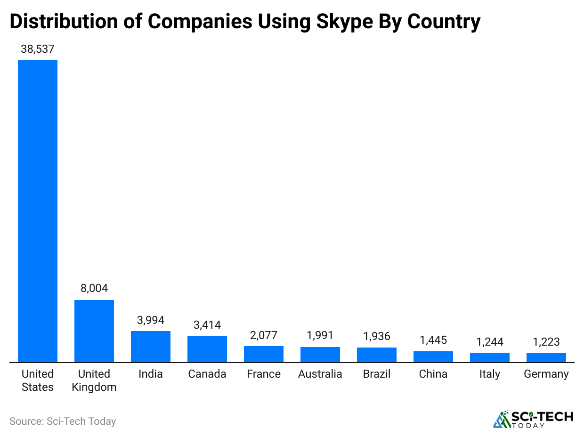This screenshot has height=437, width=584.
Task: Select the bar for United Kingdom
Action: point(94,331)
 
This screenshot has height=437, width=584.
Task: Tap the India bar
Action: point(151,347)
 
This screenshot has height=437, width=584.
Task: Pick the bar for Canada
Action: point(207,349)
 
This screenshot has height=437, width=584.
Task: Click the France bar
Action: point(264,354)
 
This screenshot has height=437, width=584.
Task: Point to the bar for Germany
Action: point(546,358)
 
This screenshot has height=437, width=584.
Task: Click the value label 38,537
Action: point(38,49)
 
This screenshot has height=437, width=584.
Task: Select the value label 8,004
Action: point(94,288)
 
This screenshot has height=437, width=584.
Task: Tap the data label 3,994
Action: point(151,320)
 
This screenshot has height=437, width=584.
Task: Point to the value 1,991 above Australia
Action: point(320,335)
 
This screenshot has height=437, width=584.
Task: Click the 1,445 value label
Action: point(433,340)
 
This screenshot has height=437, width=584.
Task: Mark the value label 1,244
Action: point(490,342)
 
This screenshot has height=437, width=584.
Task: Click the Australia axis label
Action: point(320,374)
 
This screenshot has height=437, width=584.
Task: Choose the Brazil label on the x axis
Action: point(377,374)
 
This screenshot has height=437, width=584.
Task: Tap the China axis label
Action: point(433,374)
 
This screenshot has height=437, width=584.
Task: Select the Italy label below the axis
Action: point(490,374)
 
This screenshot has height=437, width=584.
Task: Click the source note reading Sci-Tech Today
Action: point(63,421)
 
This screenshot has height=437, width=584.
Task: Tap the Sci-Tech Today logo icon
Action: point(503,419)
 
